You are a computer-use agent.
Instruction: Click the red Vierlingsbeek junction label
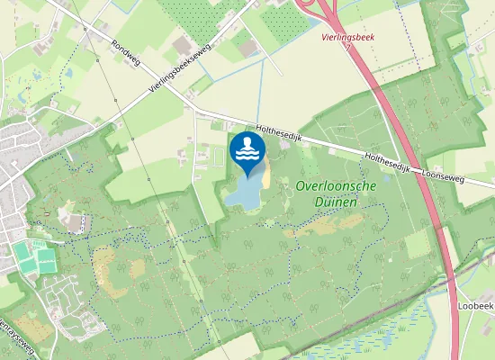(347, 38)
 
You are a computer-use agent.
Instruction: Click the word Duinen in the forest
(336, 202)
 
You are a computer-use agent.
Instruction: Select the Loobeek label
(476, 305)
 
